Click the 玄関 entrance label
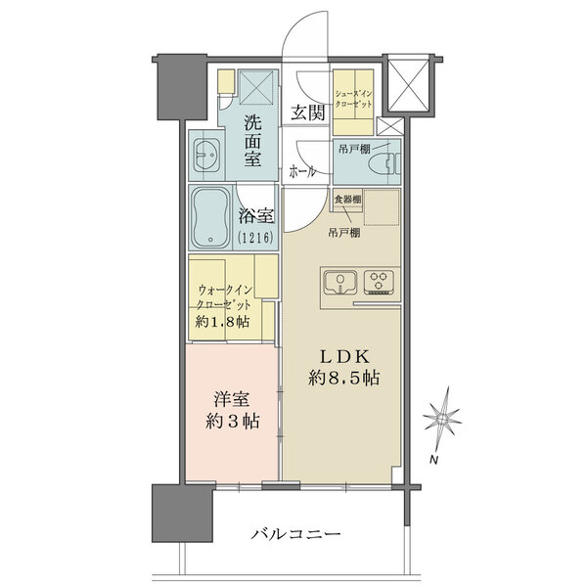(308, 112)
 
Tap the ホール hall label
(301, 172)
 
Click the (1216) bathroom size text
(255, 237)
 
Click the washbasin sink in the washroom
(206, 156)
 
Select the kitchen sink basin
(340, 282)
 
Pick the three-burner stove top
(379, 282)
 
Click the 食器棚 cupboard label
(347, 200)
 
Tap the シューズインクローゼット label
(353, 99)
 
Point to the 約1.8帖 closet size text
(222, 322)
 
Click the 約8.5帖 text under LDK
(344, 378)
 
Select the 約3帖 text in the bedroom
(233, 421)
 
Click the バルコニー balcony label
(295, 533)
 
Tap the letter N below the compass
(433, 460)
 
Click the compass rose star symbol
(442, 419)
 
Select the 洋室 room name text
(232, 399)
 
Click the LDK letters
(344, 357)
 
